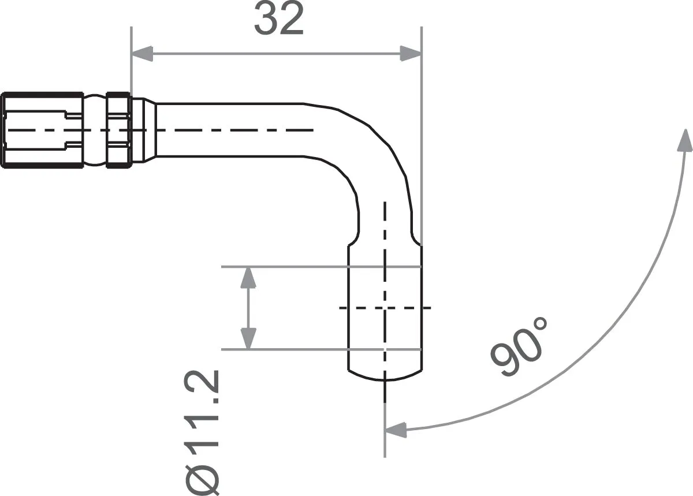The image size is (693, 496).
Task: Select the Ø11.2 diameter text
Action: (202, 431)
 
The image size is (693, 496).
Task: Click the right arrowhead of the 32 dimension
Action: (411, 54)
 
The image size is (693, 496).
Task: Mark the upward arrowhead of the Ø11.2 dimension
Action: (248, 278)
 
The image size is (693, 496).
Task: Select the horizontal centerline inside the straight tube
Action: (231, 130)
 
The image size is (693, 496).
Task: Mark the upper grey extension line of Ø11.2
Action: (289, 267)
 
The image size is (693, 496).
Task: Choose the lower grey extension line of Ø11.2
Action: (289, 349)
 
